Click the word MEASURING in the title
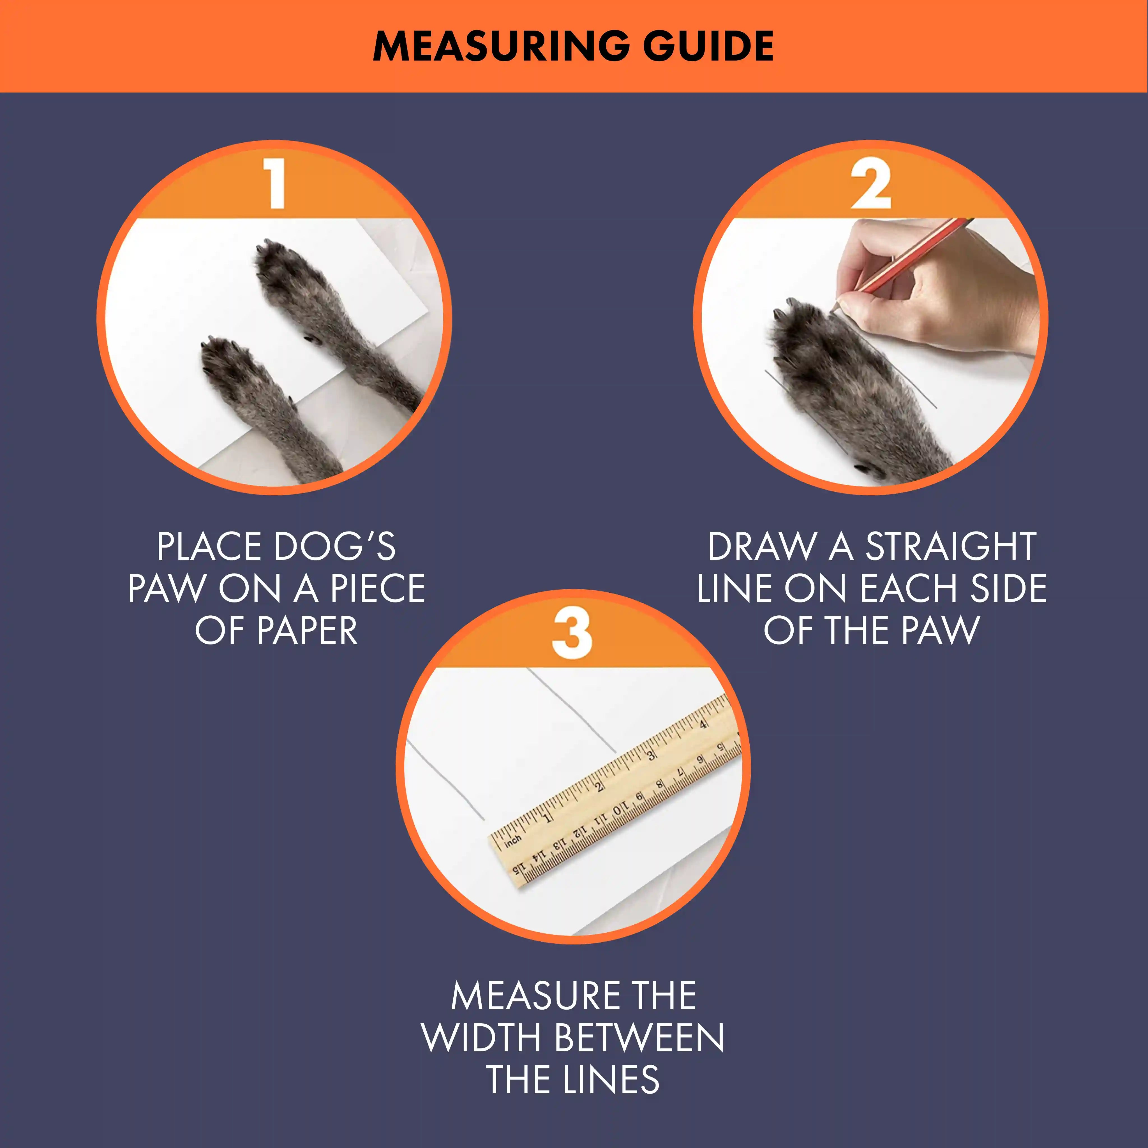pyautogui.click(x=501, y=46)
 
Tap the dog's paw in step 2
pyautogui.click(x=832, y=362)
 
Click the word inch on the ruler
pyautogui.click(x=512, y=840)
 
